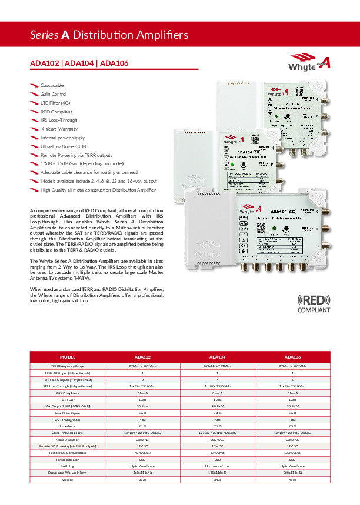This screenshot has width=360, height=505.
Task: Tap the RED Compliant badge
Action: pos(314,302)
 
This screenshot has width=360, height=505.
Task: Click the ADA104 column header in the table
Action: pos(218,357)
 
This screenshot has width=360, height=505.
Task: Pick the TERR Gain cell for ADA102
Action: pos(143,399)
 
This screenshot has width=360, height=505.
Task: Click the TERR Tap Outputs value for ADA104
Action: pos(218,379)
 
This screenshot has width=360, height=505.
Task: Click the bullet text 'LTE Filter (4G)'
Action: pos(55,103)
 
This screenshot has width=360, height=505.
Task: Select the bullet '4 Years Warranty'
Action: pos(60,129)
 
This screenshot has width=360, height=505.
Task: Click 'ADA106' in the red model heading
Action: pos(115,63)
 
